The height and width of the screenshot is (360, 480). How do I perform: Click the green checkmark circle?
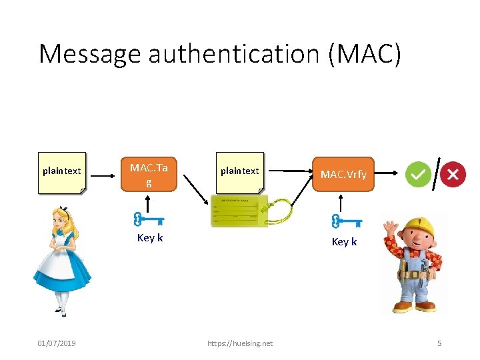pos(418,175)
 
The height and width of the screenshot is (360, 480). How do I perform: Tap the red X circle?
pos(453,175)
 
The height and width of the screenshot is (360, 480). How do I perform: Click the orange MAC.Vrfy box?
pos(343,175)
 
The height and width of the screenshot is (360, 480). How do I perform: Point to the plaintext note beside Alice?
pos(62,172)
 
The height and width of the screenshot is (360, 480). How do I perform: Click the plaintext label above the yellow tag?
pos(239,171)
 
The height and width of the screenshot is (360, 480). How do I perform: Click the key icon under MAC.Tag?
pos(148,219)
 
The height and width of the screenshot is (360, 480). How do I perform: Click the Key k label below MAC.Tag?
pos(149,238)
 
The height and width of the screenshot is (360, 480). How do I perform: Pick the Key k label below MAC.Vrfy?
pos(344,242)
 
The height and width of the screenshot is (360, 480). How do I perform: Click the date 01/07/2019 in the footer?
pos(57,343)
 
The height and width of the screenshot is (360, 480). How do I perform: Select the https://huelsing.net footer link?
pos(240,343)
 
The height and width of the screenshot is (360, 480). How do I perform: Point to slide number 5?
pos(439,343)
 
